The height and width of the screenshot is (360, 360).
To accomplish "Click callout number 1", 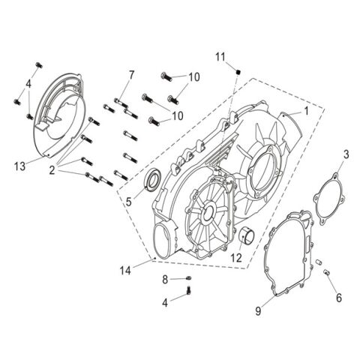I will click(306, 110).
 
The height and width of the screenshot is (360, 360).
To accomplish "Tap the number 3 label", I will click(346, 154).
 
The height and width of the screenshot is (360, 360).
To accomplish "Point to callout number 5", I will click(128, 200).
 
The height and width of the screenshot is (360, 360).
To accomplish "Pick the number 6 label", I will click(338, 298).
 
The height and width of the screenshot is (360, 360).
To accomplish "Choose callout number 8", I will click(166, 279).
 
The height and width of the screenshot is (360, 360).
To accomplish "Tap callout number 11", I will click(220, 56).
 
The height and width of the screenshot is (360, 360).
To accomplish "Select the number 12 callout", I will click(237, 257).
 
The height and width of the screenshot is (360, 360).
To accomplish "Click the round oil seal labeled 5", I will click(152, 180).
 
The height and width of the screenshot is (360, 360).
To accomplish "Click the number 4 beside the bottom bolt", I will click(166, 301).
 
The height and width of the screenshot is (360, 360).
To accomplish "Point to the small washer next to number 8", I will click(187, 279).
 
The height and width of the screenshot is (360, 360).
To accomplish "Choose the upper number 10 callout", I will click(194, 77).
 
